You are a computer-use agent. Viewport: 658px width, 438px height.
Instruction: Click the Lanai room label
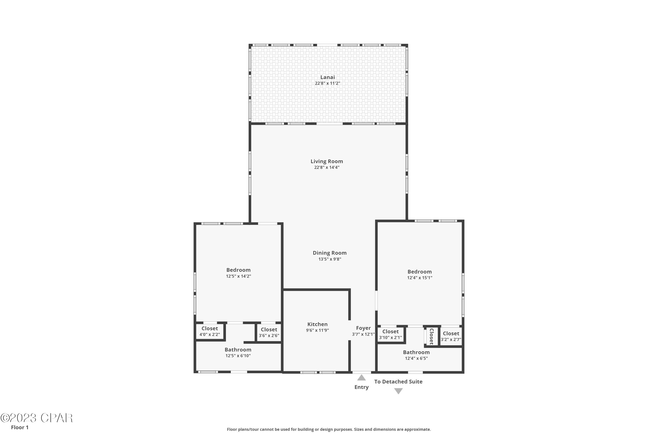pyautogui.click(x=327, y=77)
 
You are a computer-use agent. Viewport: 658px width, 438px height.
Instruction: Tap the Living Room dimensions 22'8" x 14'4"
pyautogui.click(x=327, y=167)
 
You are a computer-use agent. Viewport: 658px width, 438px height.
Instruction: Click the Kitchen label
pyautogui.click(x=317, y=324)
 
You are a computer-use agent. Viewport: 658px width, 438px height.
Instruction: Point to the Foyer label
pyautogui.click(x=363, y=328)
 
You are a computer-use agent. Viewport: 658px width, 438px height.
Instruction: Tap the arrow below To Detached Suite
pyautogui.click(x=398, y=391)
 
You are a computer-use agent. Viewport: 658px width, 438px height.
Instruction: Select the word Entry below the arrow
pyautogui.click(x=361, y=387)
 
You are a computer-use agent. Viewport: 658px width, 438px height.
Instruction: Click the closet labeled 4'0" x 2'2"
pyautogui.click(x=209, y=332)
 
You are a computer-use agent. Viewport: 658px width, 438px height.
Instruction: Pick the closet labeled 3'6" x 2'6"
pyautogui.click(x=269, y=332)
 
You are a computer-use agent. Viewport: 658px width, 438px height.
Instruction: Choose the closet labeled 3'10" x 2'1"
pyautogui.click(x=390, y=334)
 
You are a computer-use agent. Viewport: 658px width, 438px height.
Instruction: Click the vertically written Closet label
pyautogui.click(x=431, y=336)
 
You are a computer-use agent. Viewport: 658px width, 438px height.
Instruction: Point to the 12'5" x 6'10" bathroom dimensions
pyautogui.click(x=238, y=356)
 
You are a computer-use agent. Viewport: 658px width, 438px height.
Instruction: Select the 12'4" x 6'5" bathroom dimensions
pyautogui.click(x=416, y=358)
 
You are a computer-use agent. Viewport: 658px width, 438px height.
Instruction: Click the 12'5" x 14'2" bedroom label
pyautogui.click(x=238, y=273)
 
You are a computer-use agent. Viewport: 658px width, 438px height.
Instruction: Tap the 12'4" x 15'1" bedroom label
pyautogui.click(x=419, y=275)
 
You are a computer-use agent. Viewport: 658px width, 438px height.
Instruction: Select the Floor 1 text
pyautogui.click(x=20, y=427)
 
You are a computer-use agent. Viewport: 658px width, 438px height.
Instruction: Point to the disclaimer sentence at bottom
pyautogui.click(x=329, y=429)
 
